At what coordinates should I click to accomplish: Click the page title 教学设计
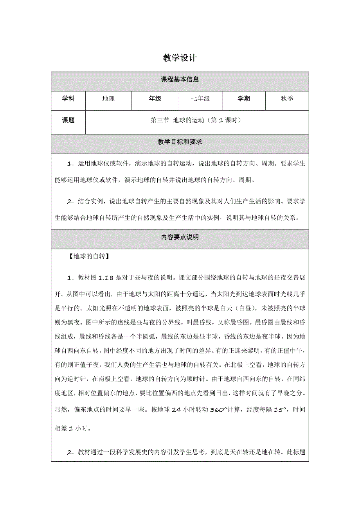pyautogui.click(x=180, y=58)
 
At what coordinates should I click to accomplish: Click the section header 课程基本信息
pyautogui.click(x=180, y=79)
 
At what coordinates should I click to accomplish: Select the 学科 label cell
pyautogui.click(x=68, y=99)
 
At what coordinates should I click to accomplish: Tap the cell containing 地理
pyautogui.click(x=108, y=99)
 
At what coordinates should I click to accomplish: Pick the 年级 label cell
pyautogui.click(x=155, y=99)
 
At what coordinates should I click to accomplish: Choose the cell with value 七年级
pyautogui.click(x=200, y=99)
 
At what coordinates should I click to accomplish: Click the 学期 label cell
pyautogui.click(x=243, y=99)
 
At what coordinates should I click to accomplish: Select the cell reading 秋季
pyautogui.click(x=287, y=99)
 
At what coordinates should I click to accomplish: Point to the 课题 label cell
pyautogui.click(x=68, y=120)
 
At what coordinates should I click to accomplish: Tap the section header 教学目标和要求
pyautogui.click(x=180, y=142)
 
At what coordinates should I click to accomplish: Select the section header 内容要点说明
pyautogui.click(x=180, y=237)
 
